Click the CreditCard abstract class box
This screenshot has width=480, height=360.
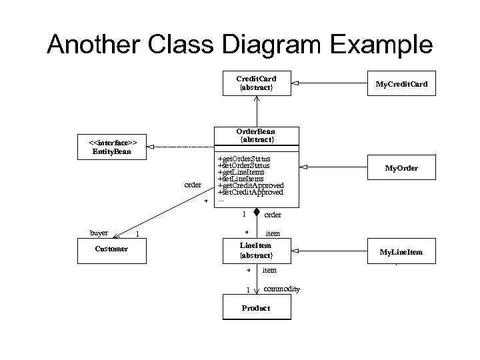pyautogui.click(x=256, y=83)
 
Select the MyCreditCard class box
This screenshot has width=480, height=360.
pyautogui.click(x=401, y=84)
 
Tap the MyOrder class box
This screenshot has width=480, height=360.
pyautogui.click(x=401, y=168)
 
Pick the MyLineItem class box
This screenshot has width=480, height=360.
pyautogui.click(x=401, y=252)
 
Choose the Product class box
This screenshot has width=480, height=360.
pyautogui.click(x=256, y=309)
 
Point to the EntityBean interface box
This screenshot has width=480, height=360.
pyautogui.click(x=111, y=147)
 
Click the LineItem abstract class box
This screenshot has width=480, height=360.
pyautogui.click(x=256, y=251)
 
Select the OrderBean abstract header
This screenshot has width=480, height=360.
pyautogui.click(x=256, y=135)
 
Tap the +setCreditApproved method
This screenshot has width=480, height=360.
pyautogui.click(x=250, y=192)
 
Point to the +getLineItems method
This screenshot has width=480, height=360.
pyautogui.click(x=241, y=172)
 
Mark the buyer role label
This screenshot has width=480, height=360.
pyautogui.click(x=99, y=233)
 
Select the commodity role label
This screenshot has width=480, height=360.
pyautogui.click(x=281, y=289)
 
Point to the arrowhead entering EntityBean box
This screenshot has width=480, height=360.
pyautogui.click(x=151, y=146)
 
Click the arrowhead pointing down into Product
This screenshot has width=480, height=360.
pyautogui.click(x=256, y=290)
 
